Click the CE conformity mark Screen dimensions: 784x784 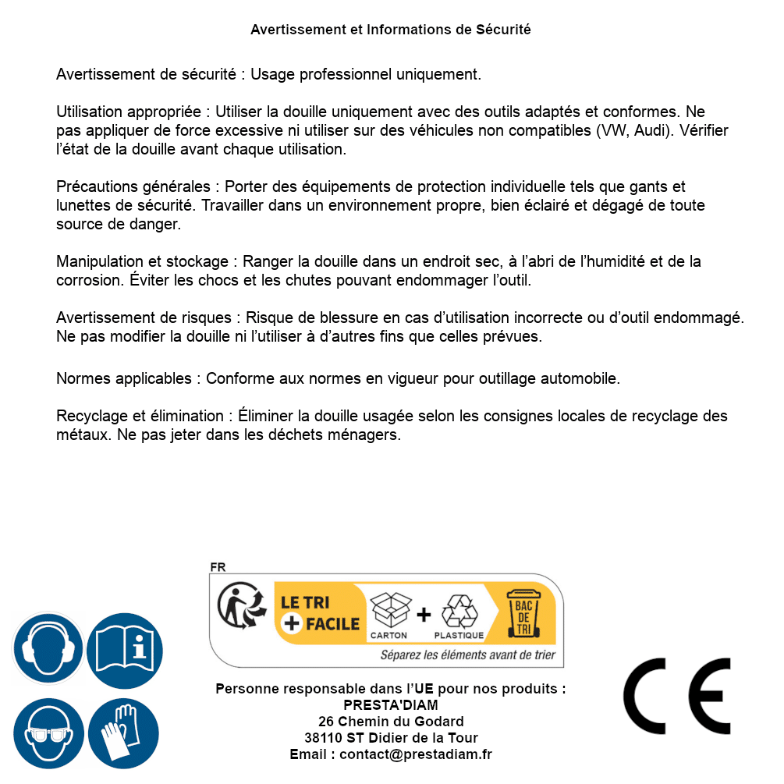(677, 696)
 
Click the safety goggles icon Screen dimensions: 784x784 (48, 733)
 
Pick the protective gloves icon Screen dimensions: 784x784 (124, 733)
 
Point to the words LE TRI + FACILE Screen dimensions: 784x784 (321, 613)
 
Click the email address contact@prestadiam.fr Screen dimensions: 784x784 (416, 754)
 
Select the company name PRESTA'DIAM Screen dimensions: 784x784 (391, 705)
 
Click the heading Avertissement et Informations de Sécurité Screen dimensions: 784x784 (390, 30)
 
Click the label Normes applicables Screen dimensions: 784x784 (123, 379)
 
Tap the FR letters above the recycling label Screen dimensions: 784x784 (218, 567)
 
